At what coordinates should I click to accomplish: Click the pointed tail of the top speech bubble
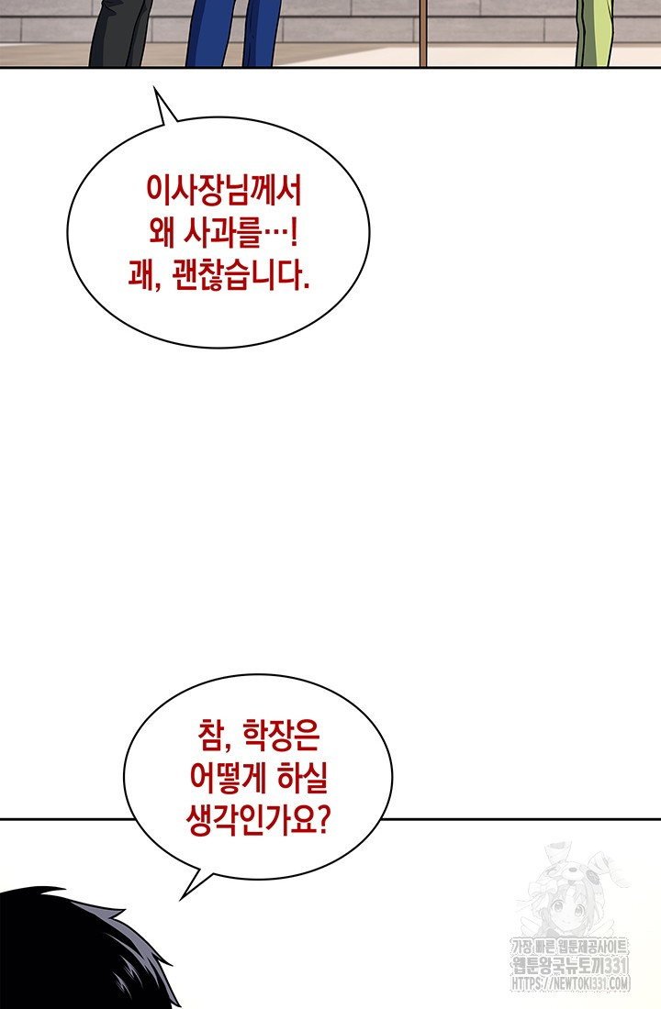(154, 88)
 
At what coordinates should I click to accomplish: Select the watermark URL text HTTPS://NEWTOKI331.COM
(570, 982)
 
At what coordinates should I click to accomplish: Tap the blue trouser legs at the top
(233, 32)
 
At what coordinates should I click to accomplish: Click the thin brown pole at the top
(422, 32)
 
